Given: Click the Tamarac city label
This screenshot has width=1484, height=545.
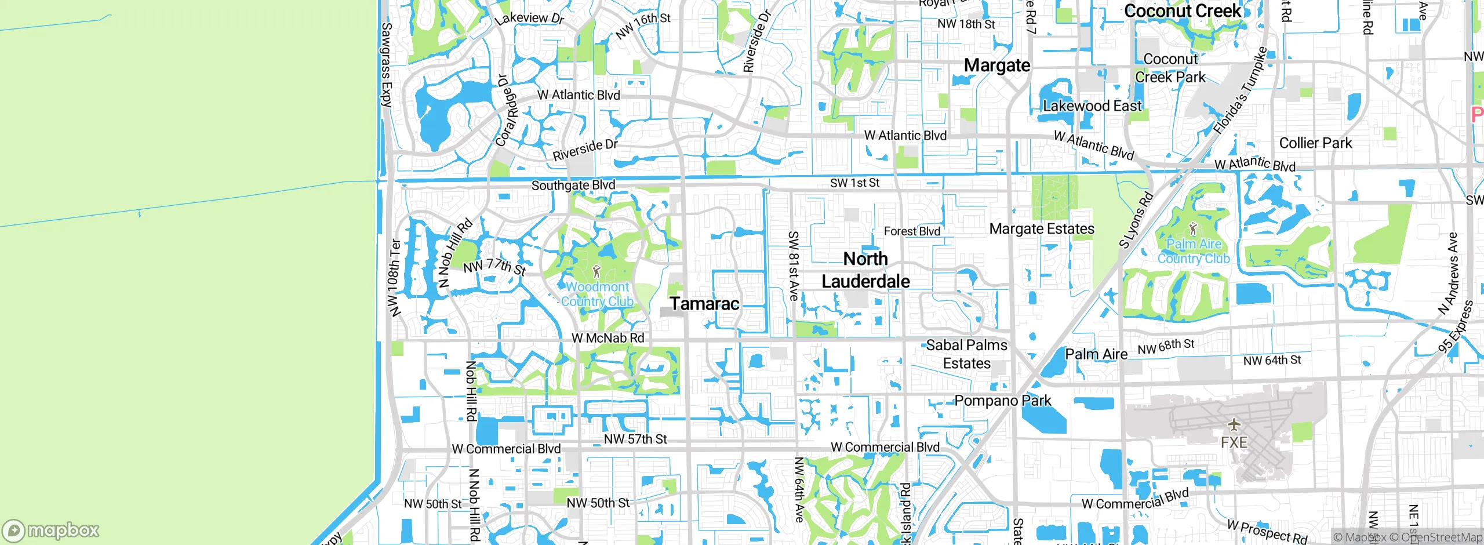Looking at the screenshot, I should [x=704, y=303].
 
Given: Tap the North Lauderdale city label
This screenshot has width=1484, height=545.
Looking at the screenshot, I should [x=865, y=270].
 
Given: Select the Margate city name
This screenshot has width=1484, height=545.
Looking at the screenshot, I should [x=997, y=66].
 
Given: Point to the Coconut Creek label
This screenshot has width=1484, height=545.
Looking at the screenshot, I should [x=1183, y=10].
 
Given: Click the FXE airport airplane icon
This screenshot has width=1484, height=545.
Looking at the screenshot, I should [x=1234, y=424].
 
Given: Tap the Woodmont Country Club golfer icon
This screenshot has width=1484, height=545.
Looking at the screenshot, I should [x=596, y=271].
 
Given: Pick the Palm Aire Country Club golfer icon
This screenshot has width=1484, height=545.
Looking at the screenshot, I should [x=1192, y=228].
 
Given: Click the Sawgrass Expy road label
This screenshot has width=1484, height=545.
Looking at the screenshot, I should [x=387, y=64].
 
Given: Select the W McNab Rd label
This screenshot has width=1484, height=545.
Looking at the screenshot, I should [x=608, y=338].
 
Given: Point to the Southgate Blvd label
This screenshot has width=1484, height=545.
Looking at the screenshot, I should [x=573, y=186].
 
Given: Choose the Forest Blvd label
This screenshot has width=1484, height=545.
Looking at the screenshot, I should [x=912, y=231].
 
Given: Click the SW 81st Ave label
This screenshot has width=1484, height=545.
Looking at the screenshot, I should [x=794, y=266].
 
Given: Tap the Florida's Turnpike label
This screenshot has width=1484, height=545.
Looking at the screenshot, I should [x=1241, y=90].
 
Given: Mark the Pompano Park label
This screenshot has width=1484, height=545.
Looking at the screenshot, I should [x=1003, y=401].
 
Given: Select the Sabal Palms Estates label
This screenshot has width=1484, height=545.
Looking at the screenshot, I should [x=967, y=354].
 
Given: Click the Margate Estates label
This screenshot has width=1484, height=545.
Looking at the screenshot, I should [x=1042, y=229].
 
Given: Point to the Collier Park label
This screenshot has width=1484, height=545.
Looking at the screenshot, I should [x=1315, y=143].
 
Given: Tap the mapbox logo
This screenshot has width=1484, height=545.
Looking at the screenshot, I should [x=51, y=531].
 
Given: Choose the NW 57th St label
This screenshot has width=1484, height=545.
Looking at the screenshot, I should [x=635, y=439].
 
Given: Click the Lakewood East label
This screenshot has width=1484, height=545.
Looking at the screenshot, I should [x=1092, y=106].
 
